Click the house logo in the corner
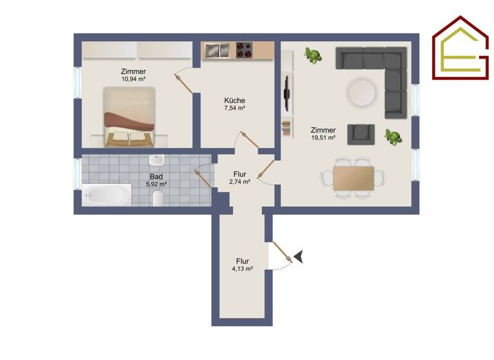click(461, 48)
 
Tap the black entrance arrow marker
click(298, 257)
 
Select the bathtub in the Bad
click(107, 194)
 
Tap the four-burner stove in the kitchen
click(244, 50)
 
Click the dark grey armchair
click(361, 134)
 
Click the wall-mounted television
click(287, 94)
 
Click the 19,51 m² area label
click(323, 138)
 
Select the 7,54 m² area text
click(234, 109)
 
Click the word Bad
click(156, 176)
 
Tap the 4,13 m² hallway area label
click(242, 269)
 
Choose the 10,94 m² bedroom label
click(133, 79)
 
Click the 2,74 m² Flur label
click(239, 182)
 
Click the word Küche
click(234, 100)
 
